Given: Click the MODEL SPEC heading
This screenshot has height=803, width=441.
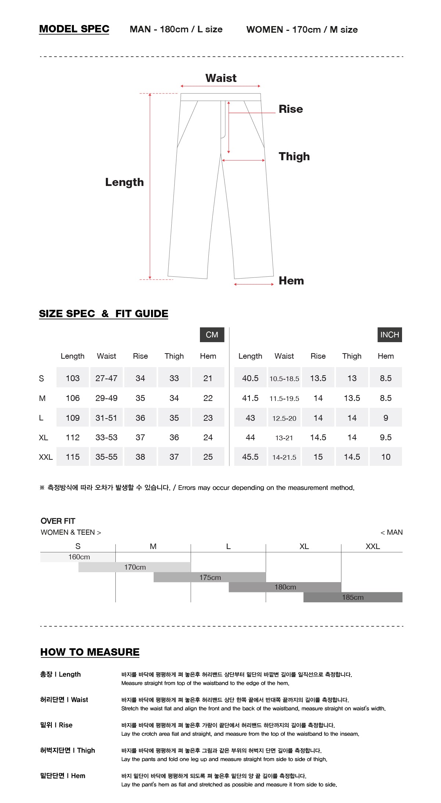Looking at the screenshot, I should point(74,29).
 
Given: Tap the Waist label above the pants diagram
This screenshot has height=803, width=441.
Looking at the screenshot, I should point(221,78).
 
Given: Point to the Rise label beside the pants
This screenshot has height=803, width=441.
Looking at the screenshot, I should point(291,109).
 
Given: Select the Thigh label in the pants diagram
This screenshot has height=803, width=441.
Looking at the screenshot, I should point(294,156).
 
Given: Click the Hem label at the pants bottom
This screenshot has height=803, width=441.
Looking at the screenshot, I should point(291,280).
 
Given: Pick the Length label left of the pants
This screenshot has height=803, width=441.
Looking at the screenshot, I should point(124,182).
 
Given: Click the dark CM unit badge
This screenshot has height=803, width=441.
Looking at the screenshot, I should point(212,335).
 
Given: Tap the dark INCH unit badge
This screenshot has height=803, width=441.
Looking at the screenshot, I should point(390,335).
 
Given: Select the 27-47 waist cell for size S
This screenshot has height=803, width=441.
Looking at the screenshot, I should point(106,378).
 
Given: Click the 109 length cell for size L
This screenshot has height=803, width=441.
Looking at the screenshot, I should point(72,418).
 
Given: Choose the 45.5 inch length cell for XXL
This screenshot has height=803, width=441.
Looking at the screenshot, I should point(250,457).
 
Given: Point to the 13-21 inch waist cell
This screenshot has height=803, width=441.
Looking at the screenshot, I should point(284,438).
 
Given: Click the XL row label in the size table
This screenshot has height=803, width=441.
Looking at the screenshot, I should point(43,438).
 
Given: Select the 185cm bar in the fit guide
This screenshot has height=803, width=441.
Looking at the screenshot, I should point(353,597).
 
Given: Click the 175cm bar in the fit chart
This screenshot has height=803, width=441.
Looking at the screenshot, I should point(210,577).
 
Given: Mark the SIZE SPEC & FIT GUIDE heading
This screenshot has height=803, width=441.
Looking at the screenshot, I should point(104,313).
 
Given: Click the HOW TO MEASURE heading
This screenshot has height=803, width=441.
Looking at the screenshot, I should point(90,652).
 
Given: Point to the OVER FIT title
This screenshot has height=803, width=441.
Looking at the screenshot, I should point(58,521).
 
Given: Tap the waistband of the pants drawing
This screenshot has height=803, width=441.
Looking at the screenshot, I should point(220,97).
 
